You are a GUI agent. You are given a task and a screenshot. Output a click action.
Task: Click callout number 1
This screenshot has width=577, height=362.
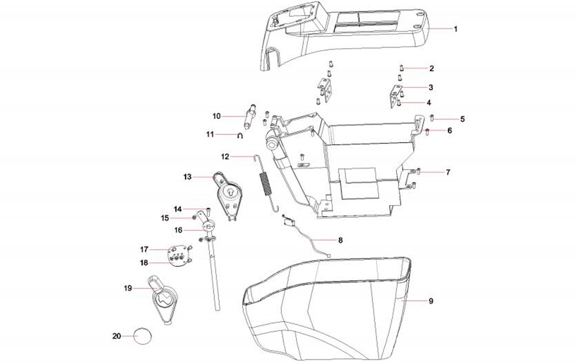point(455,29)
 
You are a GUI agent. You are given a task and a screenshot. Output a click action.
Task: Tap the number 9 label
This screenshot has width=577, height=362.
point(431,301)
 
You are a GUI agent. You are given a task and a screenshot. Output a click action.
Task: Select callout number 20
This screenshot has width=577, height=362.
point(116,336)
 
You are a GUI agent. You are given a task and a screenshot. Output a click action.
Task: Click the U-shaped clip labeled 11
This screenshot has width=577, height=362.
point(242,137)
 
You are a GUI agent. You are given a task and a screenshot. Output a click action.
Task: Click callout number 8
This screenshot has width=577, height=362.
point(340,240)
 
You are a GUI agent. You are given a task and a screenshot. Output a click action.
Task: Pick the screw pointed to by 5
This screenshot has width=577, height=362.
point(432,118)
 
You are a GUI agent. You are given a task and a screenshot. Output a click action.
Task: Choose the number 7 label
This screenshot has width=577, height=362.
point(448,172)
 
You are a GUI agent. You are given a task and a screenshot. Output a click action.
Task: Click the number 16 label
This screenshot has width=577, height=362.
point(178,229)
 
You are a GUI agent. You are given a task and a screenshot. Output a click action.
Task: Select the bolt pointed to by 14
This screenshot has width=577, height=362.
point(208,209)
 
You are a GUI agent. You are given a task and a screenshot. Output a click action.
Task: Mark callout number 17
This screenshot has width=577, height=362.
point(144,249)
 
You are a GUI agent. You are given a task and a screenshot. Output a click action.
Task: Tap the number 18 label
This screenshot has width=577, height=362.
point(144,262)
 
